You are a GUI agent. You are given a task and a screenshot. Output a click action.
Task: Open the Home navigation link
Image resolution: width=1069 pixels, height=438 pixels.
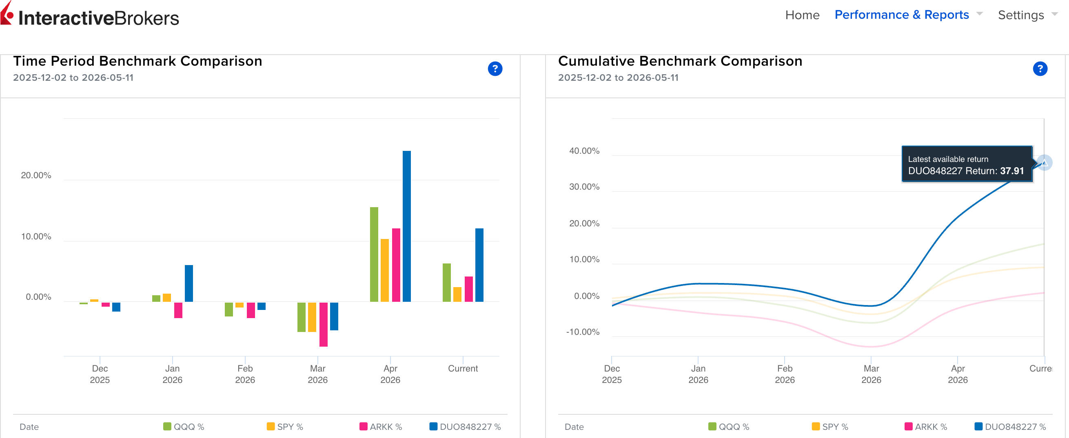pyautogui.click(x=802, y=15)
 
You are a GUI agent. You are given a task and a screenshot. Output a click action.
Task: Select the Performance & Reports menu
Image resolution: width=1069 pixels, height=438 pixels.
pyautogui.click(x=902, y=15)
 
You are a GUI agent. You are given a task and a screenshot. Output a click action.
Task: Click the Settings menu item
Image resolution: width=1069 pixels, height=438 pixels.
pyautogui.click(x=1021, y=15)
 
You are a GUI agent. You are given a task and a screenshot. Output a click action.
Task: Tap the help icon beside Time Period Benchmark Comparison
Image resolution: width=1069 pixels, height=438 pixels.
pyautogui.click(x=495, y=69)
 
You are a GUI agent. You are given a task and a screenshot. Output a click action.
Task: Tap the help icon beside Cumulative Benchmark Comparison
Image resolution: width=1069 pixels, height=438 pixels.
pyautogui.click(x=1040, y=69)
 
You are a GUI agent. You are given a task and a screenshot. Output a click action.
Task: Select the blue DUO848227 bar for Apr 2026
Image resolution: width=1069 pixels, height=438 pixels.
pyautogui.click(x=407, y=226)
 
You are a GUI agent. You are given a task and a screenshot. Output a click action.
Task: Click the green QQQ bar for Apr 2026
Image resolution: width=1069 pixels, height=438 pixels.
pyautogui.click(x=374, y=254)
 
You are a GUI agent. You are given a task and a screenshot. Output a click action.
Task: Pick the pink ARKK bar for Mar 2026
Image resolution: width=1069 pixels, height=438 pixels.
pyautogui.click(x=323, y=324)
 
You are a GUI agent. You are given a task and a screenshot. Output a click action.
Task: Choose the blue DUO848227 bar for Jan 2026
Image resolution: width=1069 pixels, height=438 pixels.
pyautogui.click(x=189, y=283)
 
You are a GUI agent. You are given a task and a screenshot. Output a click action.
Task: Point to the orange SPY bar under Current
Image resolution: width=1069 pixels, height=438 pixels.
pyautogui.click(x=457, y=294)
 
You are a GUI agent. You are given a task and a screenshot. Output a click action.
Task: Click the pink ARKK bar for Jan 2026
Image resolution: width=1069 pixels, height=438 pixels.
pyautogui.click(x=178, y=310)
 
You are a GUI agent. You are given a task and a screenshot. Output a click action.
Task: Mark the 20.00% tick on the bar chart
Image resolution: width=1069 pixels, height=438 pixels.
pyautogui.click(x=36, y=175)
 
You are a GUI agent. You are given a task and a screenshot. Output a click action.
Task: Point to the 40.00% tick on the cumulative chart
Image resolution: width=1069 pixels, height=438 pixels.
pyautogui.click(x=584, y=151)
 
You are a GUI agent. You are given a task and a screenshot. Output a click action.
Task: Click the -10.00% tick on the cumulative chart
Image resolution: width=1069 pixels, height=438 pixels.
pyautogui.click(x=583, y=332)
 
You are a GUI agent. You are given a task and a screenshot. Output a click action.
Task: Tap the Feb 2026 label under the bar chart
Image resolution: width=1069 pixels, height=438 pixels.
pyautogui.click(x=245, y=374)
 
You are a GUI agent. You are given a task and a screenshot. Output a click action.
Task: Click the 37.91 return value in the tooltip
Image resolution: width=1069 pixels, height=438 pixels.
pyautogui.click(x=1012, y=171)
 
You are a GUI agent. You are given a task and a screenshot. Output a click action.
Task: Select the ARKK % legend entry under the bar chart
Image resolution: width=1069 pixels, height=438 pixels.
pyautogui.click(x=381, y=427)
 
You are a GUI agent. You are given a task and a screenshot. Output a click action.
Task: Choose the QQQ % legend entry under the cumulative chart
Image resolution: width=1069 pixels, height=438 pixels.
pyautogui.click(x=729, y=427)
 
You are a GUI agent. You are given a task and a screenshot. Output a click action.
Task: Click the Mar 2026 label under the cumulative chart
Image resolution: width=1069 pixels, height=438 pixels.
pyautogui.click(x=871, y=374)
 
